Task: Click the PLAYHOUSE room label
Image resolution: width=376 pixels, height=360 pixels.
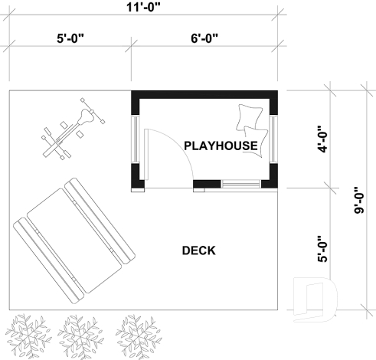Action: [x=220, y=145]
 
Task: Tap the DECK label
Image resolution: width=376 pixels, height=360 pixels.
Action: [x=198, y=250]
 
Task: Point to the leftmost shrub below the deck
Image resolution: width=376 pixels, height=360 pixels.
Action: [x=27, y=334]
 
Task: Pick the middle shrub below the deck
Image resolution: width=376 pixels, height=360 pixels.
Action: [x=78, y=334]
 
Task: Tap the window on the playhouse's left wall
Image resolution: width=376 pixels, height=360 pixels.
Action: [x=136, y=139]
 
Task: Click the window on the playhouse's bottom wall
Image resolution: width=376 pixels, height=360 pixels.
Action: [x=240, y=183]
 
